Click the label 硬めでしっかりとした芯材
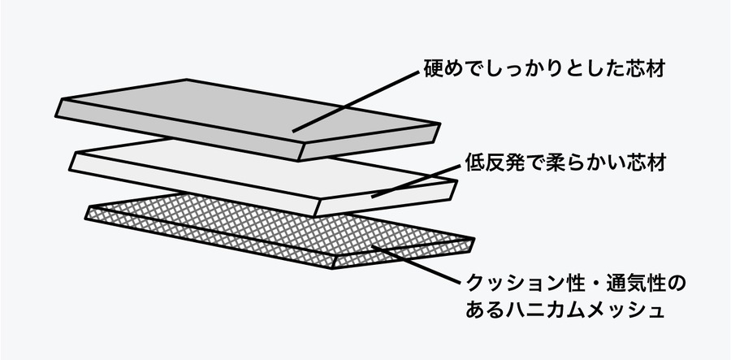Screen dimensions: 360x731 coord(545,67)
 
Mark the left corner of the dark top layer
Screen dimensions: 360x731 coord(58,103)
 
